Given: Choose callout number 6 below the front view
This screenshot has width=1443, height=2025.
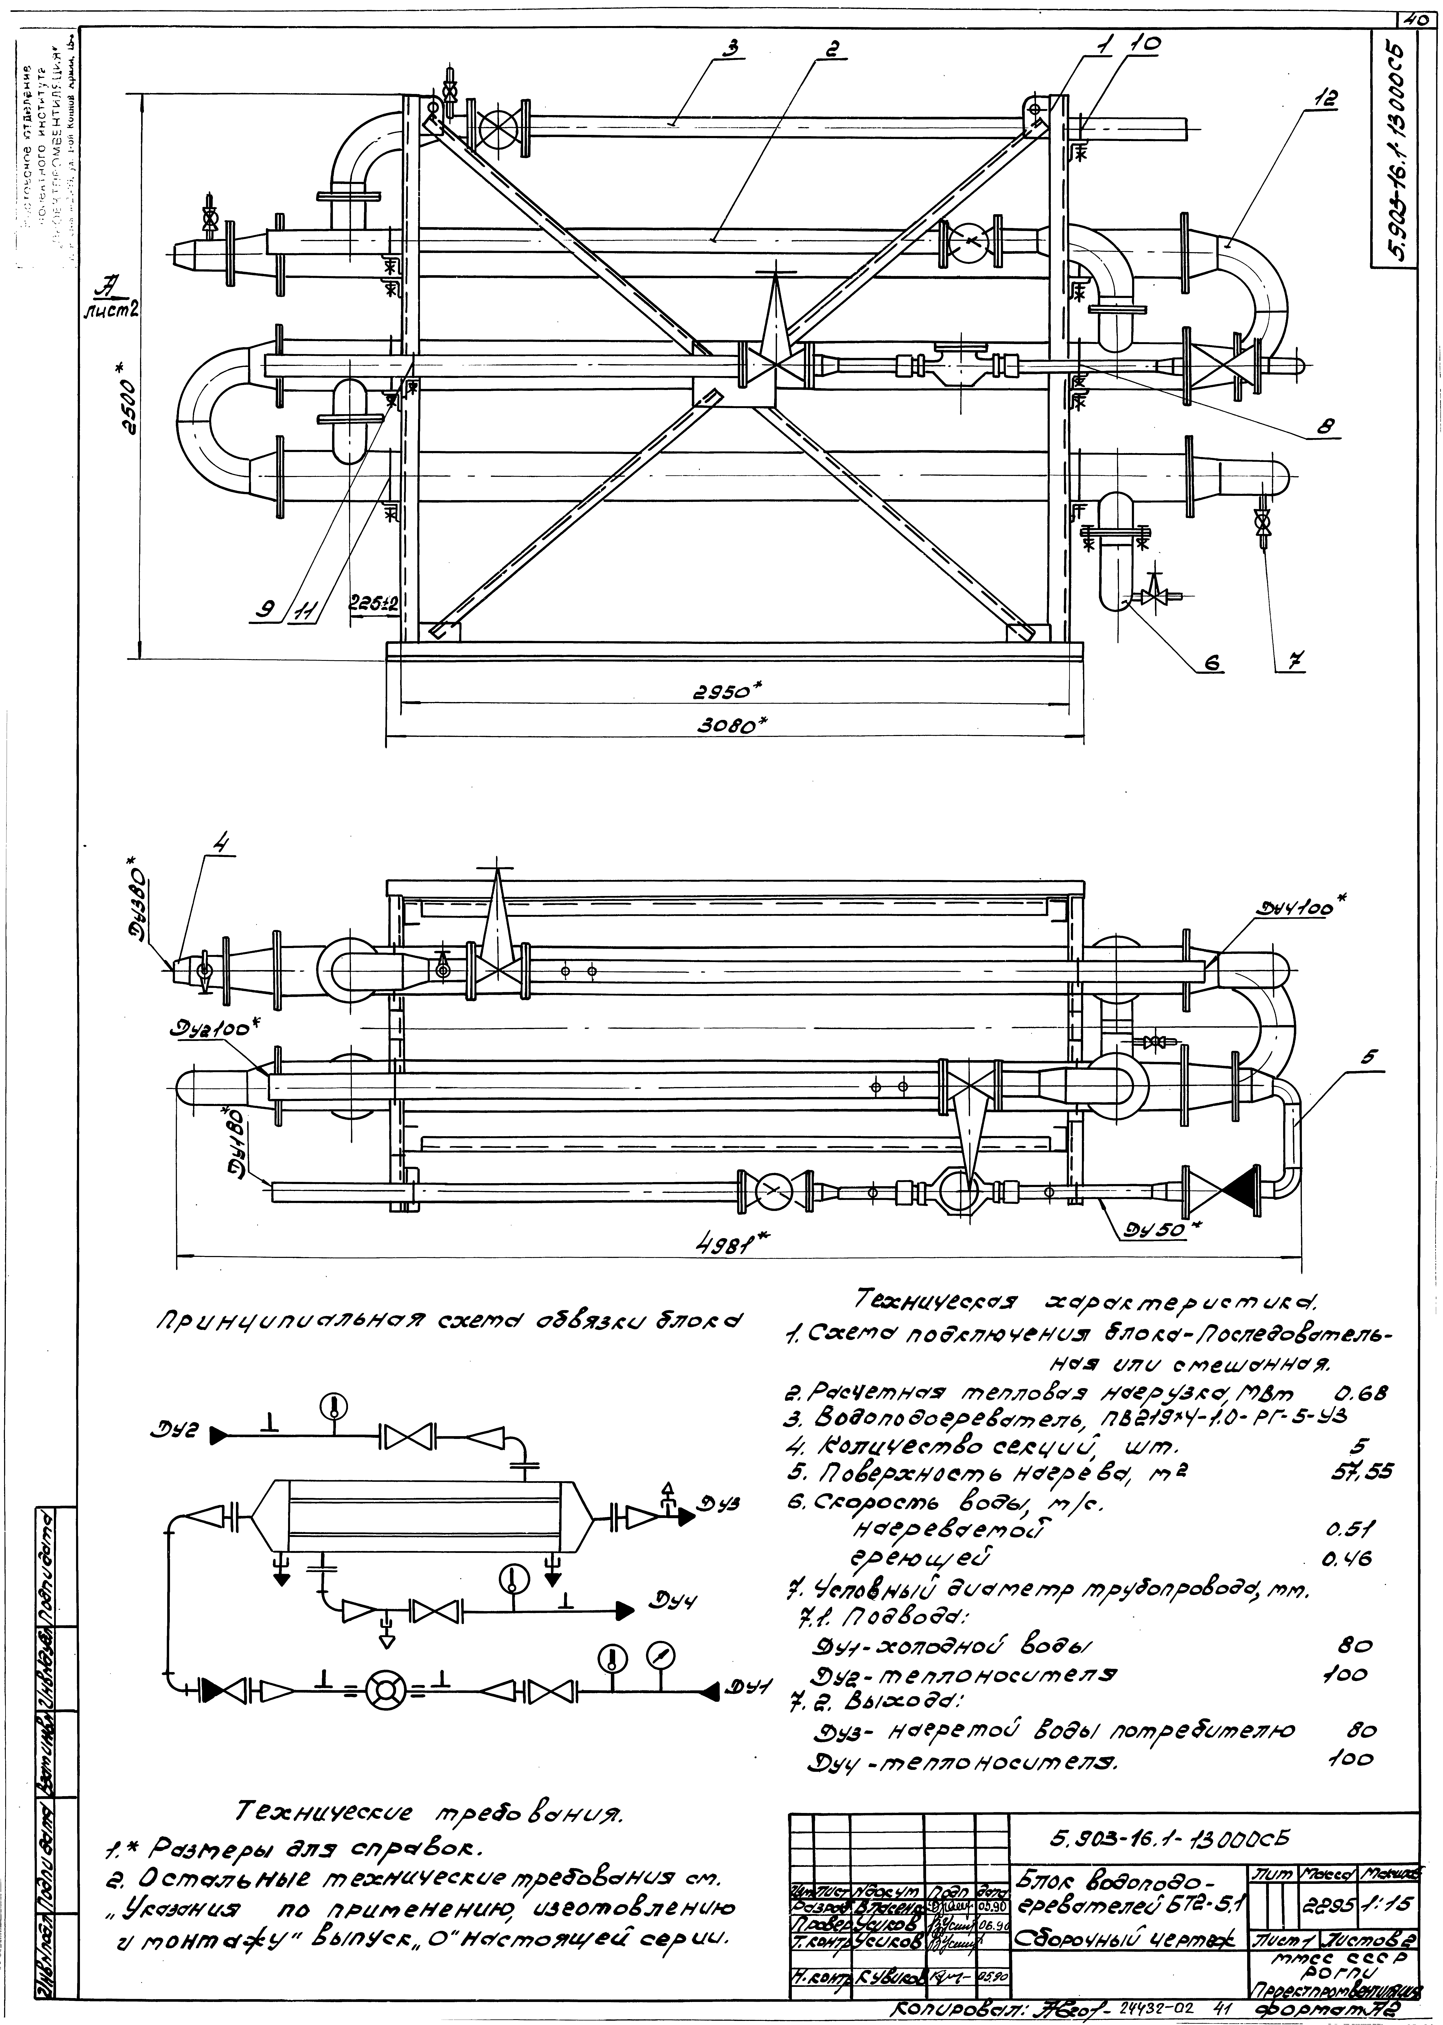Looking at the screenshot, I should coord(1213,662).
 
